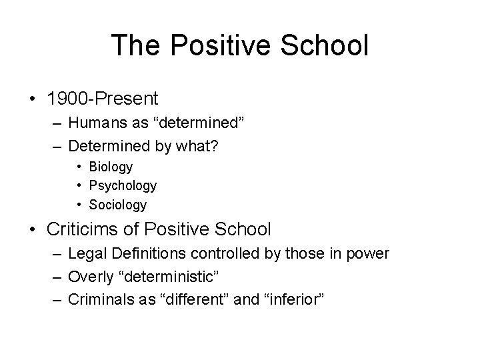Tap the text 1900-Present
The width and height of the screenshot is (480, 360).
tap(103, 99)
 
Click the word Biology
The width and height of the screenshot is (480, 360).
tap(111, 167)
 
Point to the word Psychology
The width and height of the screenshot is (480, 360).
tap(123, 185)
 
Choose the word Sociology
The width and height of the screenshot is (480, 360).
tap(119, 205)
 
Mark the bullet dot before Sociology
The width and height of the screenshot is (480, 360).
tap(79, 205)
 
